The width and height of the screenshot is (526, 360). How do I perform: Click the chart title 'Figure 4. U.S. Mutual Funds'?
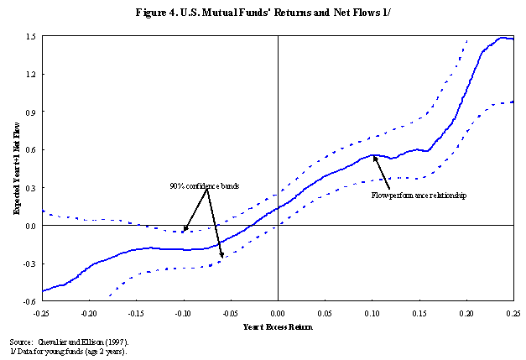[263, 13]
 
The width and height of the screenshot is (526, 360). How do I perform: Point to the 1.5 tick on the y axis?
[30, 37]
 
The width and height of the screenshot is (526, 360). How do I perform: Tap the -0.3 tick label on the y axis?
[29, 263]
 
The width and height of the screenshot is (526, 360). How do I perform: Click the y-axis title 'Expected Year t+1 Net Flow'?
[16, 168]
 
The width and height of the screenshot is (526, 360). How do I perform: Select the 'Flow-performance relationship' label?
[418, 195]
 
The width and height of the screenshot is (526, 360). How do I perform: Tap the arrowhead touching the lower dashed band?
[221, 256]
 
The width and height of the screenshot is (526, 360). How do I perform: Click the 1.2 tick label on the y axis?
[30, 75]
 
